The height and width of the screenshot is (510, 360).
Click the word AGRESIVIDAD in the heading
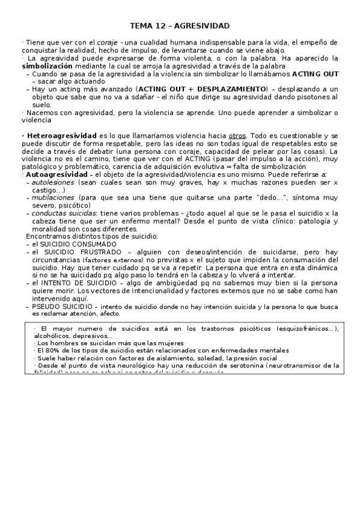pyautogui.click(x=202, y=26)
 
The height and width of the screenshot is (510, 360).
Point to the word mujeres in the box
pyautogui.click(x=153, y=343)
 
